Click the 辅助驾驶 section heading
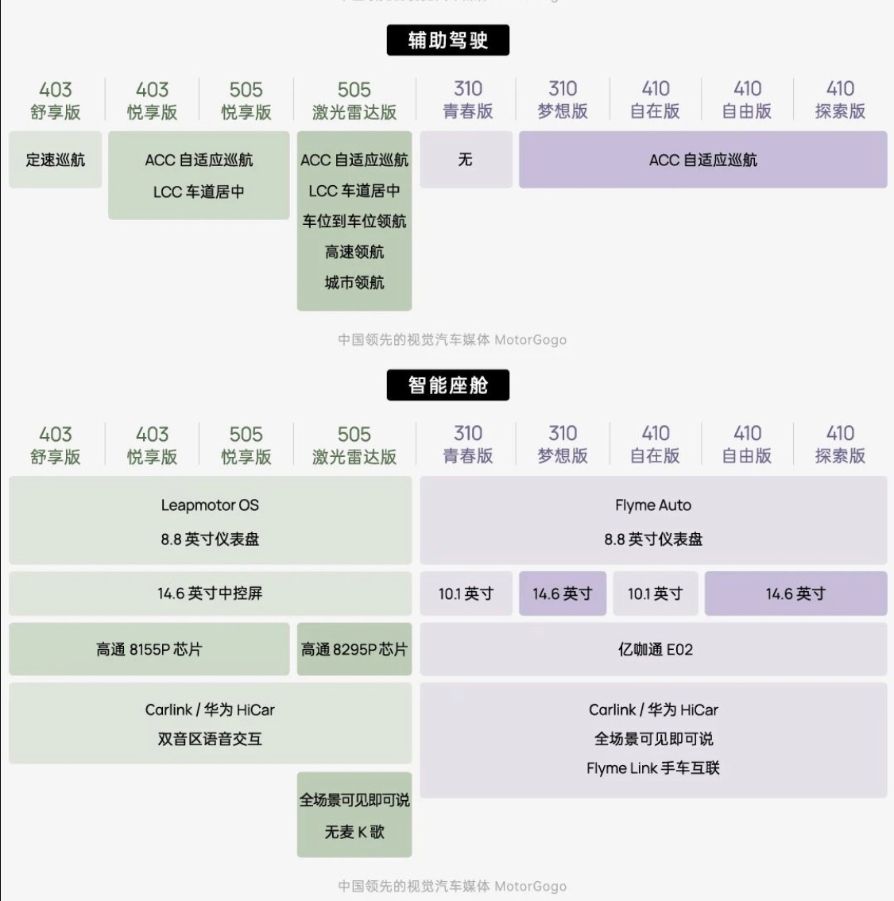pos(447,41)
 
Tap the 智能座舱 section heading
pos(447,385)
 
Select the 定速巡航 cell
pos(55,160)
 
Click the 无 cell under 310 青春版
pos(466,160)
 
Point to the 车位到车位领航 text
pos(354,221)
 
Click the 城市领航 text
pos(354,282)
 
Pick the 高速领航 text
pos(354,252)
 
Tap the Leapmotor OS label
pos(210,505)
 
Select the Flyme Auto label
pos(653,505)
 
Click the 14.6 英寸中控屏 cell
pos(210,594)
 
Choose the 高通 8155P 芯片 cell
pos(149,649)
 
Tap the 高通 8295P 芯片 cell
pos(354,649)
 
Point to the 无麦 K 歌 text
pos(354,832)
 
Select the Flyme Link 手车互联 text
pos(653,768)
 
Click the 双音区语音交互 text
pos(210,739)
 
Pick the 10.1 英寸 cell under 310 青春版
pos(466,594)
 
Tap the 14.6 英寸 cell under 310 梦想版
pos(562,594)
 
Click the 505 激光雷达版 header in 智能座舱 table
pos(354,445)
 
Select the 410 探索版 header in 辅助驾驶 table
pos(840,100)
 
